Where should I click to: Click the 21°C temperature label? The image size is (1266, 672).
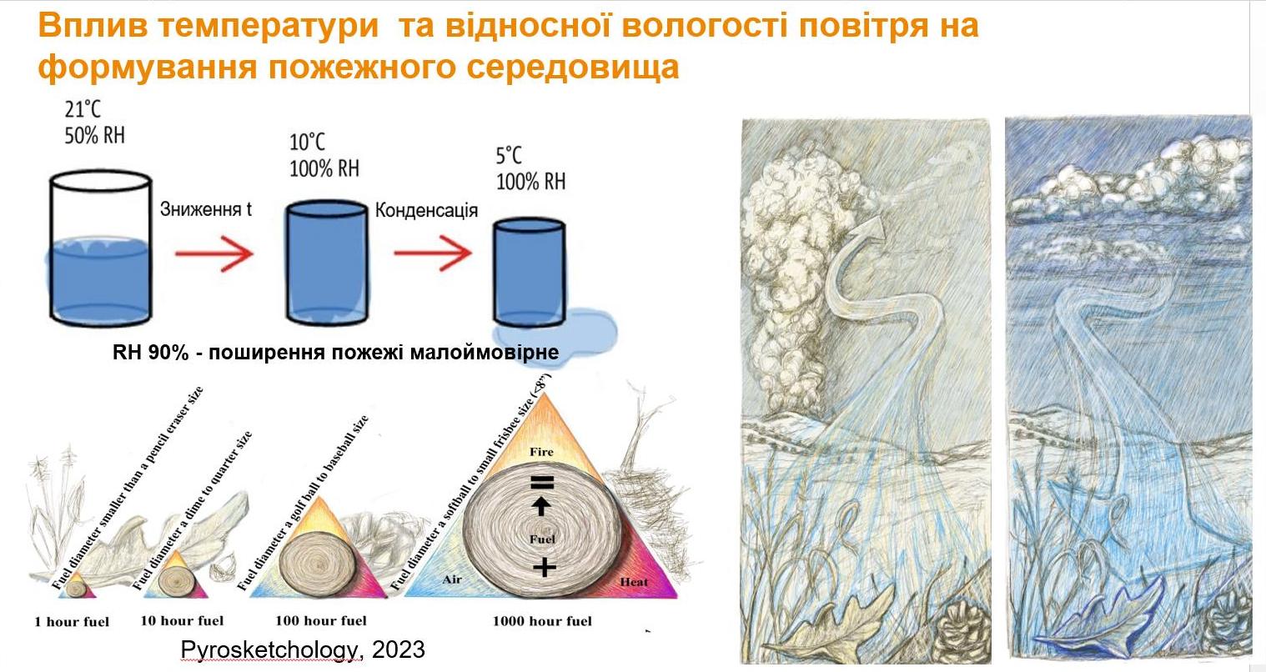click(x=83, y=109)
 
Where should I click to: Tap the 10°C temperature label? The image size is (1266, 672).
click(x=308, y=142)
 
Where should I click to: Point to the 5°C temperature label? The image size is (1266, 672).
click(x=509, y=155)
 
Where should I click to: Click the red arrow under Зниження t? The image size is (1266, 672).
click(x=214, y=253)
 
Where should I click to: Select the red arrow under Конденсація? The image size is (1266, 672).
click(x=432, y=253)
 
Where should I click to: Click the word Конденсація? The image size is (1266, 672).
click(x=427, y=210)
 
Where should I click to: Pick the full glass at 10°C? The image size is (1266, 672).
click(x=326, y=263)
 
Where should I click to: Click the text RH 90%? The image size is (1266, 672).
click(x=150, y=352)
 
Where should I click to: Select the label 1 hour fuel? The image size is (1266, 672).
click(x=72, y=622)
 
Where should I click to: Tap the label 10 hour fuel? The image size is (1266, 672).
click(x=182, y=620)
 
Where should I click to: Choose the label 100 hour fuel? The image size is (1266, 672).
click(x=321, y=620)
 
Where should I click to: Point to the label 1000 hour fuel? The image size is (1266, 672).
click(x=543, y=621)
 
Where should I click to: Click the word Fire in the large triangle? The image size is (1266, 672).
click(x=541, y=452)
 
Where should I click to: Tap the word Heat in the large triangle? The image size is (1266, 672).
click(x=634, y=582)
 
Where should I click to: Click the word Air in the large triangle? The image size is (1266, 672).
click(x=452, y=579)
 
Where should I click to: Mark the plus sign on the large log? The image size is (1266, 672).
click(x=544, y=567)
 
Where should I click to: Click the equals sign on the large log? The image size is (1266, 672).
click(x=541, y=482)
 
